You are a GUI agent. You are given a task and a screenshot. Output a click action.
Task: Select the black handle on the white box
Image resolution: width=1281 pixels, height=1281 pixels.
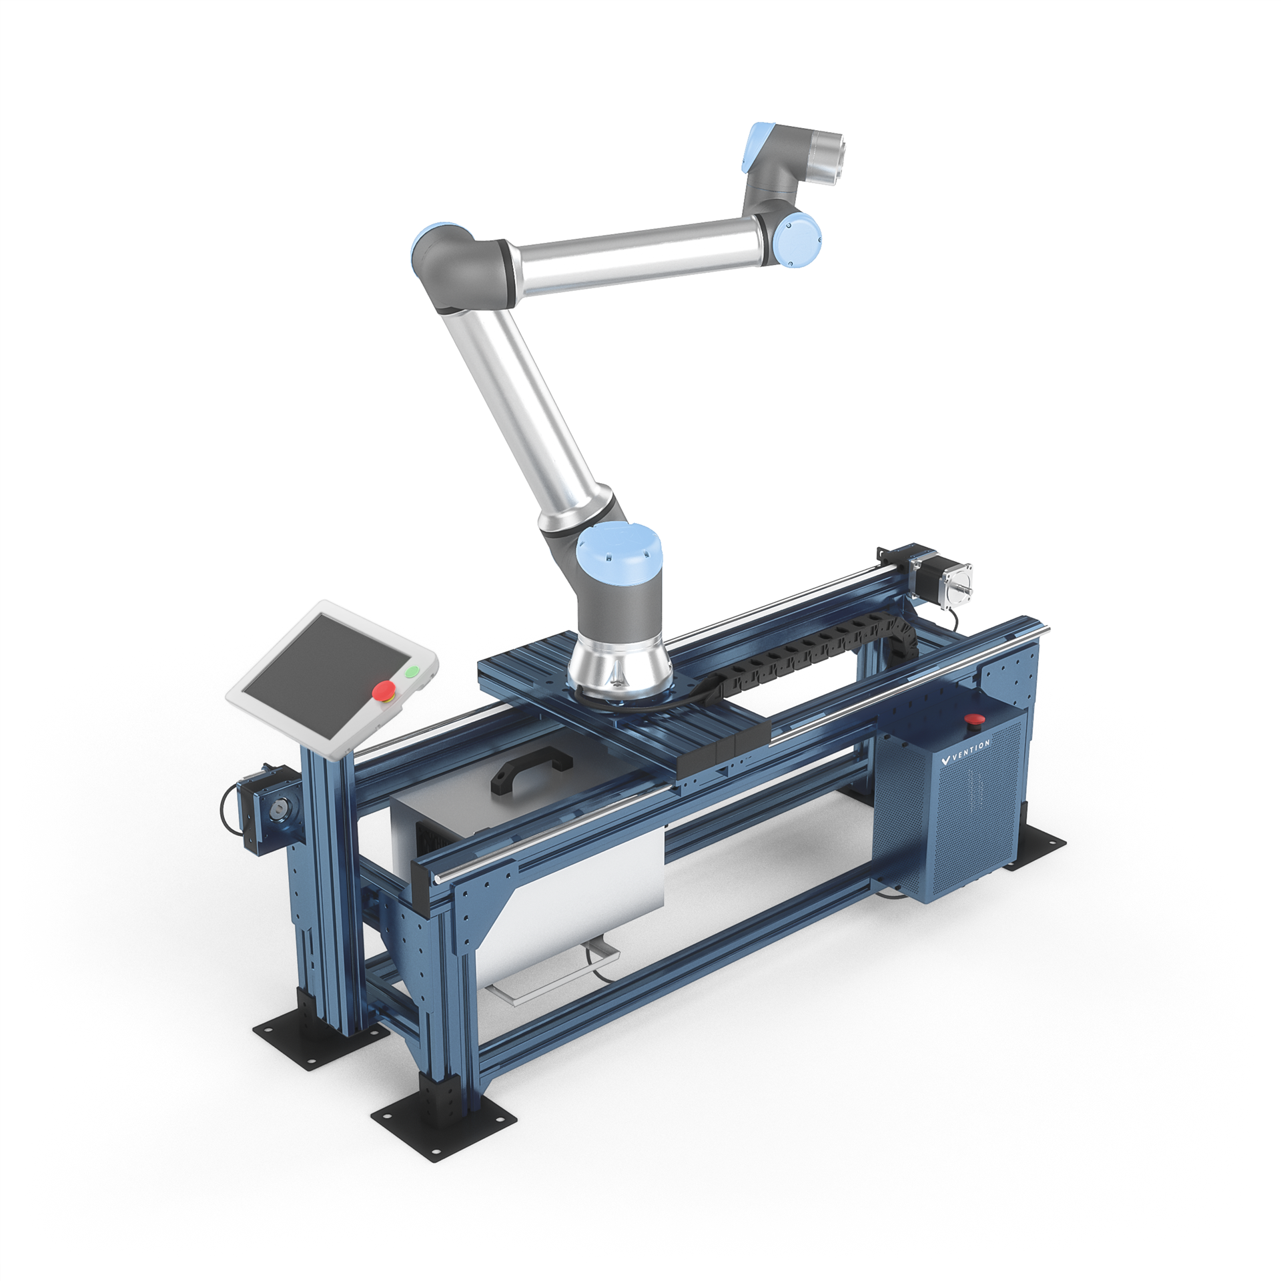click(x=532, y=772)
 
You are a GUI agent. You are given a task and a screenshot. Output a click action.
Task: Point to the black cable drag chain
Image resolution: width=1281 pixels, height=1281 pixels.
click(x=801, y=653)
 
